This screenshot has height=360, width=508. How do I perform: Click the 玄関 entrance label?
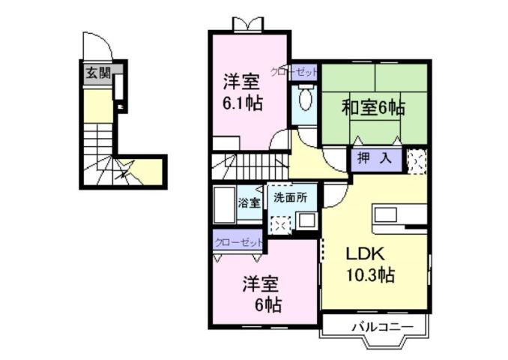(96, 73)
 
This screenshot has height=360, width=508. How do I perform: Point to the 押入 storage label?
(373, 158)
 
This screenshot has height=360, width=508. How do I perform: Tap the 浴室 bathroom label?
(250, 203)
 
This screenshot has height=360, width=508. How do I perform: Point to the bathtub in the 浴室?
(225, 204)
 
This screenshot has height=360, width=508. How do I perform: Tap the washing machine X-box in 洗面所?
(279, 225)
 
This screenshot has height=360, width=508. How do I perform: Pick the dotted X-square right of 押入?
(416, 160)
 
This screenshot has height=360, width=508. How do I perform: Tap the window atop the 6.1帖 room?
(247, 25)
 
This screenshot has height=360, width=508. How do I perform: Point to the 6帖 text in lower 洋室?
(267, 304)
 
